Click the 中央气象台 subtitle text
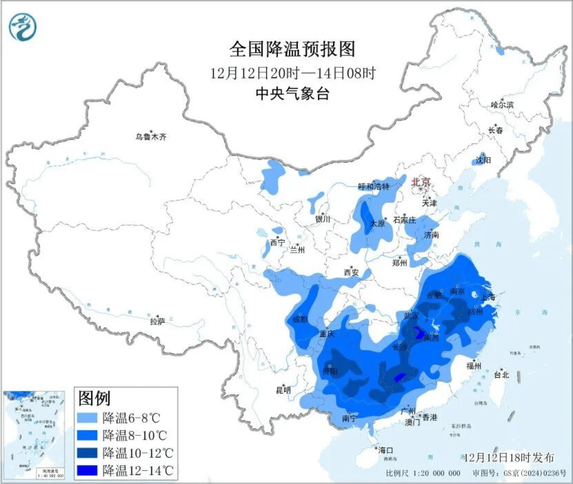click(x=292, y=94)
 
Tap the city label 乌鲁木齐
click(x=151, y=137)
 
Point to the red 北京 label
click(x=422, y=182)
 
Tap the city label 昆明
click(x=284, y=390)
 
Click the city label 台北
click(x=501, y=375)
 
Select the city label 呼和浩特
click(x=374, y=187)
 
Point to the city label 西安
click(x=351, y=272)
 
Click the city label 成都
click(x=300, y=319)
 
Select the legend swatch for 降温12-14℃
click(x=88, y=470)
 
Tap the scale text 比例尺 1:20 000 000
click(x=423, y=473)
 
